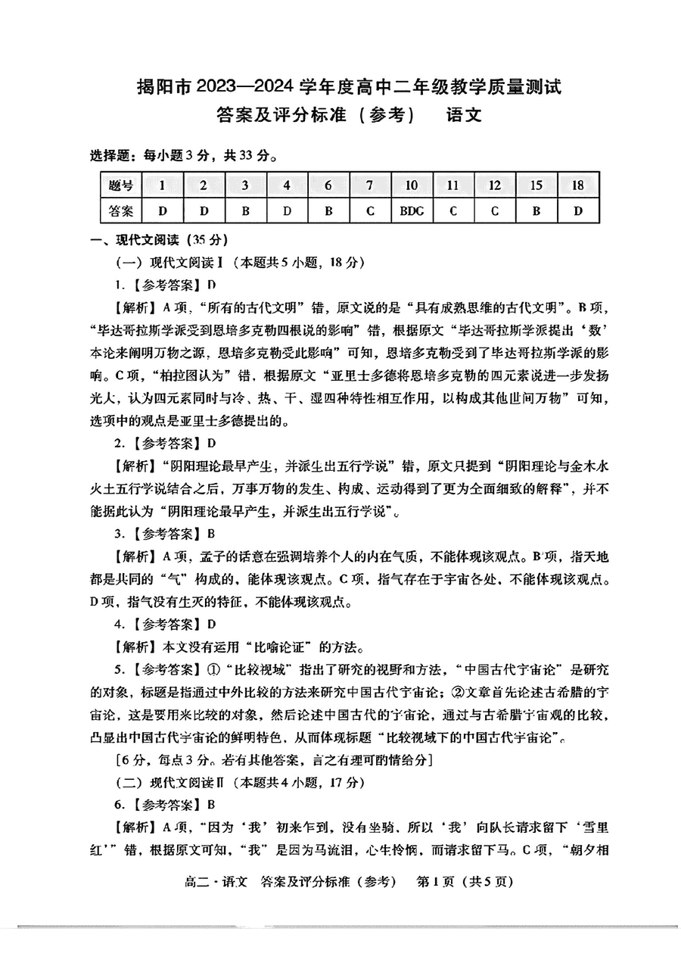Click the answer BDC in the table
coord(412,211)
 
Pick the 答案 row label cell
coord(121,211)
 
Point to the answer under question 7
coord(370,211)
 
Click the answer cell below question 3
coord(245,211)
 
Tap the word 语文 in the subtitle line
coord(464,116)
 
